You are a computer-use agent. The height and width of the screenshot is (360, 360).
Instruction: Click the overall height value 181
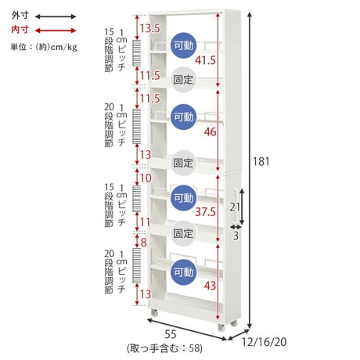click(x=261, y=162)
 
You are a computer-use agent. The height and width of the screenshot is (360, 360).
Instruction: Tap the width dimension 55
click(x=171, y=334)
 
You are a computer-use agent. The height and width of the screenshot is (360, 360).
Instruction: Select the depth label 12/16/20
click(x=264, y=342)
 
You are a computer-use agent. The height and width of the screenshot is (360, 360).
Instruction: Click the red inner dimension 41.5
click(x=205, y=60)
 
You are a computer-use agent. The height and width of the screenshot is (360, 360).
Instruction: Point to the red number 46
click(x=211, y=132)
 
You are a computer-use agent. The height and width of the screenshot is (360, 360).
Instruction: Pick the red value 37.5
click(x=206, y=212)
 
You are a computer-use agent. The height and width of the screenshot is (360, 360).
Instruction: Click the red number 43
click(x=210, y=286)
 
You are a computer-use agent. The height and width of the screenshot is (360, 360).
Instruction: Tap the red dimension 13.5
click(x=150, y=28)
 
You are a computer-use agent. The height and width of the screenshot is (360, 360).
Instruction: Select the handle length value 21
click(x=235, y=207)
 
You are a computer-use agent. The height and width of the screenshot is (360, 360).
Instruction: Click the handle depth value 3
click(x=236, y=236)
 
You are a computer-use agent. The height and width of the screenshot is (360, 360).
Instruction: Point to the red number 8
click(x=144, y=243)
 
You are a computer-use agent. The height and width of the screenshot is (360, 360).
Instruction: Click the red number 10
click(x=146, y=178)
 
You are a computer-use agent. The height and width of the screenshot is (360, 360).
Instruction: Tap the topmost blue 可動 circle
click(x=184, y=45)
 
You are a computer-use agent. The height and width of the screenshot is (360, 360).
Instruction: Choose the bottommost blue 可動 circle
click(x=184, y=272)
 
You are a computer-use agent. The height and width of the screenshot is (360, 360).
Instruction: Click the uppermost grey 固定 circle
click(x=183, y=80)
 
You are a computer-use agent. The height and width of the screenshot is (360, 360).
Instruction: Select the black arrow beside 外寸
click(x=56, y=16)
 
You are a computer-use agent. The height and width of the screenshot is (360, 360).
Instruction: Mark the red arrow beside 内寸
click(x=56, y=31)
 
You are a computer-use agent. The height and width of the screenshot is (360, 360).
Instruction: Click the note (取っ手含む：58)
click(x=164, y=348)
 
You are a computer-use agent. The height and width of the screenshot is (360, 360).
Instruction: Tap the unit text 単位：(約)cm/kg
click(x=44, y=47)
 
